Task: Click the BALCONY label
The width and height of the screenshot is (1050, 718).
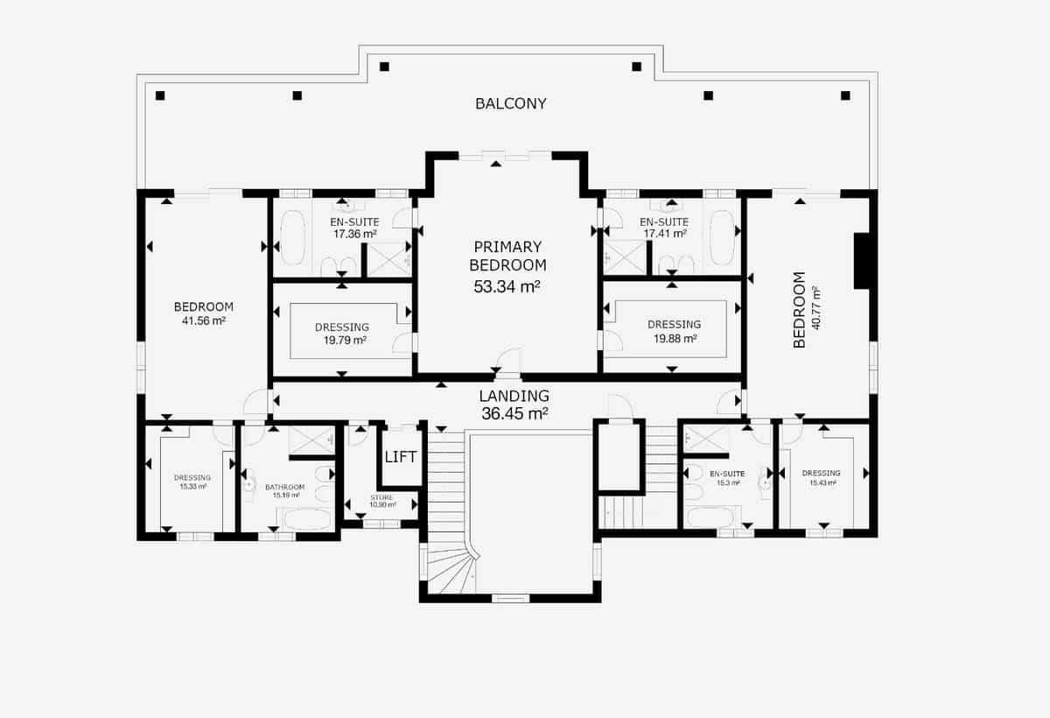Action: pyautogui.click(x=511, y=103)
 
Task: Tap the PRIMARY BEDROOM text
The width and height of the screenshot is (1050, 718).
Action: pyautogui.click(x=507, y=256)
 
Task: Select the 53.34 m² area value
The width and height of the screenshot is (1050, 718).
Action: pyautogui.click(x=507, y=286)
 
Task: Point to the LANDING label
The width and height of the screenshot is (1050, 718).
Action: pyautogui.click(x=514, y=396)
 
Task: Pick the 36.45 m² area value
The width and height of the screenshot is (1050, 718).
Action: pyautogui.click(x=514, y=413)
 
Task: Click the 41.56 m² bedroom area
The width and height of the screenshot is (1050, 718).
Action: pyautogui.click(x=203, y=321)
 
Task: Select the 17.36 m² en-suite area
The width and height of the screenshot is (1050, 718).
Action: pyautogui.click(x=354, y=234)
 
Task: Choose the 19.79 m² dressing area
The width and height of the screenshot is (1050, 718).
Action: pyautogui.click(x=341, y=341)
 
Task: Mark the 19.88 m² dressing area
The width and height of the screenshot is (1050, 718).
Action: pyautogui.click(x=674, y=338)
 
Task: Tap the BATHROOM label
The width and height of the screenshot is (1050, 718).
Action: pyautogui.click(x=285, y=487)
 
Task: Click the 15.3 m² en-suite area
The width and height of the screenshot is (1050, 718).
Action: pyautogui.click(x=726, y=482)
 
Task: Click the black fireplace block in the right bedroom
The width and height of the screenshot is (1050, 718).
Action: pyautogui.click(x=861, y=260)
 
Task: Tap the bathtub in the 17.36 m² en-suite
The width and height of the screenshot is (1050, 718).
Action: pyautogui.click(x=292, y=237)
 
